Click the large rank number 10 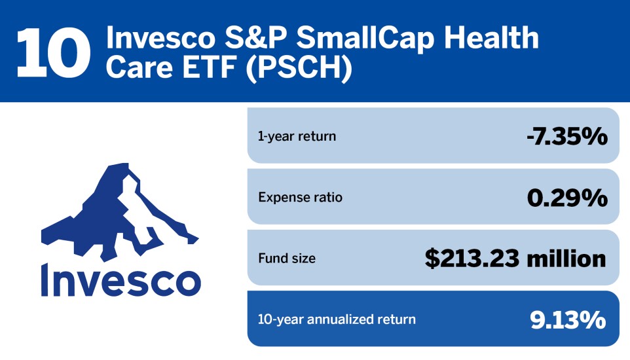[54, 51]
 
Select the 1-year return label [297, 137]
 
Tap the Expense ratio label [300, 197]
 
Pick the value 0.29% [566, 197]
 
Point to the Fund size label [286, 259]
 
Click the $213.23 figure [470, 259]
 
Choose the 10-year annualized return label [337, 319]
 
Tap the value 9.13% [567, 319]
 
